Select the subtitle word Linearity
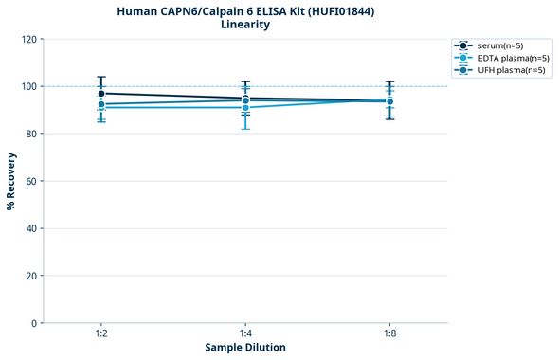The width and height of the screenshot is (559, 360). [245, 25]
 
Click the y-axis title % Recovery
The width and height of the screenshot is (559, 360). [11, 180]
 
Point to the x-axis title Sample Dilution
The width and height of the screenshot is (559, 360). [245, 347]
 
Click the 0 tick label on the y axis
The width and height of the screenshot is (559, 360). [34, 323]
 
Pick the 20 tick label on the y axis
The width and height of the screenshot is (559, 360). [31, 276]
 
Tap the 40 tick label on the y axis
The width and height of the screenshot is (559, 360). [31, 228]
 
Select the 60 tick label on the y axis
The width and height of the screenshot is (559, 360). [31, 181]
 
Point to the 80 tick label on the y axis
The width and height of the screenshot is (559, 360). [31, 134]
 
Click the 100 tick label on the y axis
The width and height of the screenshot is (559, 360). [28, 86]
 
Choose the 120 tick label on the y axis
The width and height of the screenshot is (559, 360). [28, 39]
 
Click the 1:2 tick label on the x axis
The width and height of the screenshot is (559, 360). [101, 334]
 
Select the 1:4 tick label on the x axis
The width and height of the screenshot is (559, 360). [245, 334]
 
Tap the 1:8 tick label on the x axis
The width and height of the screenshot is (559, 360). [389, 334]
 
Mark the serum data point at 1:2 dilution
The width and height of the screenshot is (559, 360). [101, 93]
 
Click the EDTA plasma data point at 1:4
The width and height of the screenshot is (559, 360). [245, 107]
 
